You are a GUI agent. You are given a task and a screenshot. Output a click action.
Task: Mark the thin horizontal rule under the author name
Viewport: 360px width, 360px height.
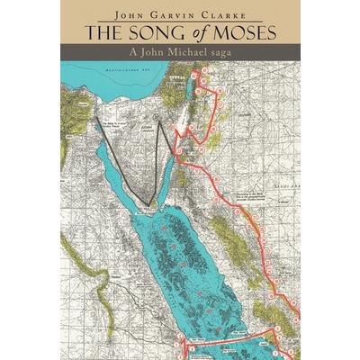(180, 22)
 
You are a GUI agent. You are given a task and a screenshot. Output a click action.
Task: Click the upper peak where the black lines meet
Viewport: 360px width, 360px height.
(162, 121)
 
